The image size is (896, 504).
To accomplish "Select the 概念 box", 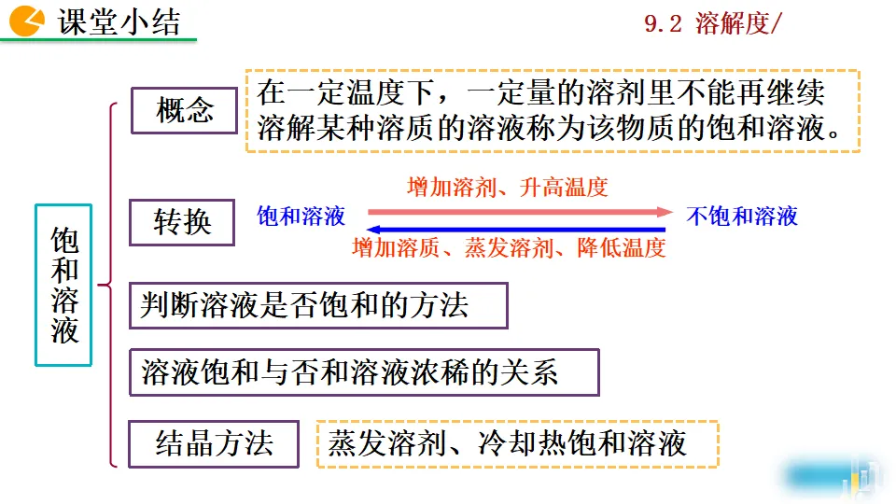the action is click(x=184, y=111).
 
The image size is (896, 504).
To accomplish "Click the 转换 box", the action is click(x=182, y=222).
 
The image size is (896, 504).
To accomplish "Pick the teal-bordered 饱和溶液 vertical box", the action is click(x=63, y=284).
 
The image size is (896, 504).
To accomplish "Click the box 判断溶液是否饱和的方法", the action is click(x=317, y=305).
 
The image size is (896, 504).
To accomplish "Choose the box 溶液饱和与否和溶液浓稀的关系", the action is click(x=363, y=372).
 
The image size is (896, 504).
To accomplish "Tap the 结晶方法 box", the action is click(x=214, y=442).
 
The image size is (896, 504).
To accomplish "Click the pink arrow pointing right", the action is click(x=518, y=212).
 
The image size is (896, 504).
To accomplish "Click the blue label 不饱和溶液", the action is click(x=742, y=217).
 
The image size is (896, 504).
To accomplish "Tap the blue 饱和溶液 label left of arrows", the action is click(x=301, y=217).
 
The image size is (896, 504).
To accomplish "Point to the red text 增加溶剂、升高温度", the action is click(x=508, y=188).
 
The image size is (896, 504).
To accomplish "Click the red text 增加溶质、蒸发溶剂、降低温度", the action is click(x=509, y=248).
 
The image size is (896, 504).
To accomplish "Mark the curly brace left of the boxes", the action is click(x=111, y=284).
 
